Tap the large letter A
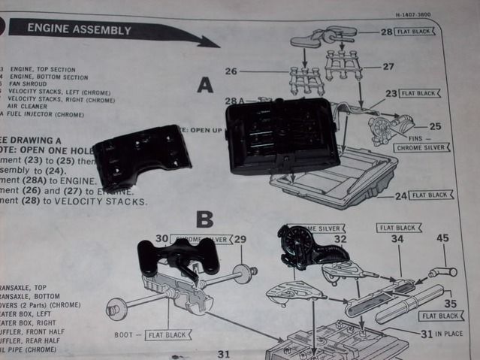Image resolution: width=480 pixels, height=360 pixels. (205, 86)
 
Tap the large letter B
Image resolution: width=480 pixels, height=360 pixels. (204, 219)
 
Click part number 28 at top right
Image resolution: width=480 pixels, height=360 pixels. (386, 32)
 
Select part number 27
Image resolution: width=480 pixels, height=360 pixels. (388, 66)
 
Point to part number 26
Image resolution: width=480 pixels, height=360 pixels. (231, 72)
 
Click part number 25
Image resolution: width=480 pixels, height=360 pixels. (435, 126)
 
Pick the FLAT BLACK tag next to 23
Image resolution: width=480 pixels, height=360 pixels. (419, 94)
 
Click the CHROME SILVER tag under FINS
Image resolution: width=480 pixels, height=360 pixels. (421, 147)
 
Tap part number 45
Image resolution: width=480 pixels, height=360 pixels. (442, 238)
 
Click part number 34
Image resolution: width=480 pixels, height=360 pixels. (397, 239)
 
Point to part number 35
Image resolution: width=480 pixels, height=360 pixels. (450, 304)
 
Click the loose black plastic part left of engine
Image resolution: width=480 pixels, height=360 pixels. (141, 156)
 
